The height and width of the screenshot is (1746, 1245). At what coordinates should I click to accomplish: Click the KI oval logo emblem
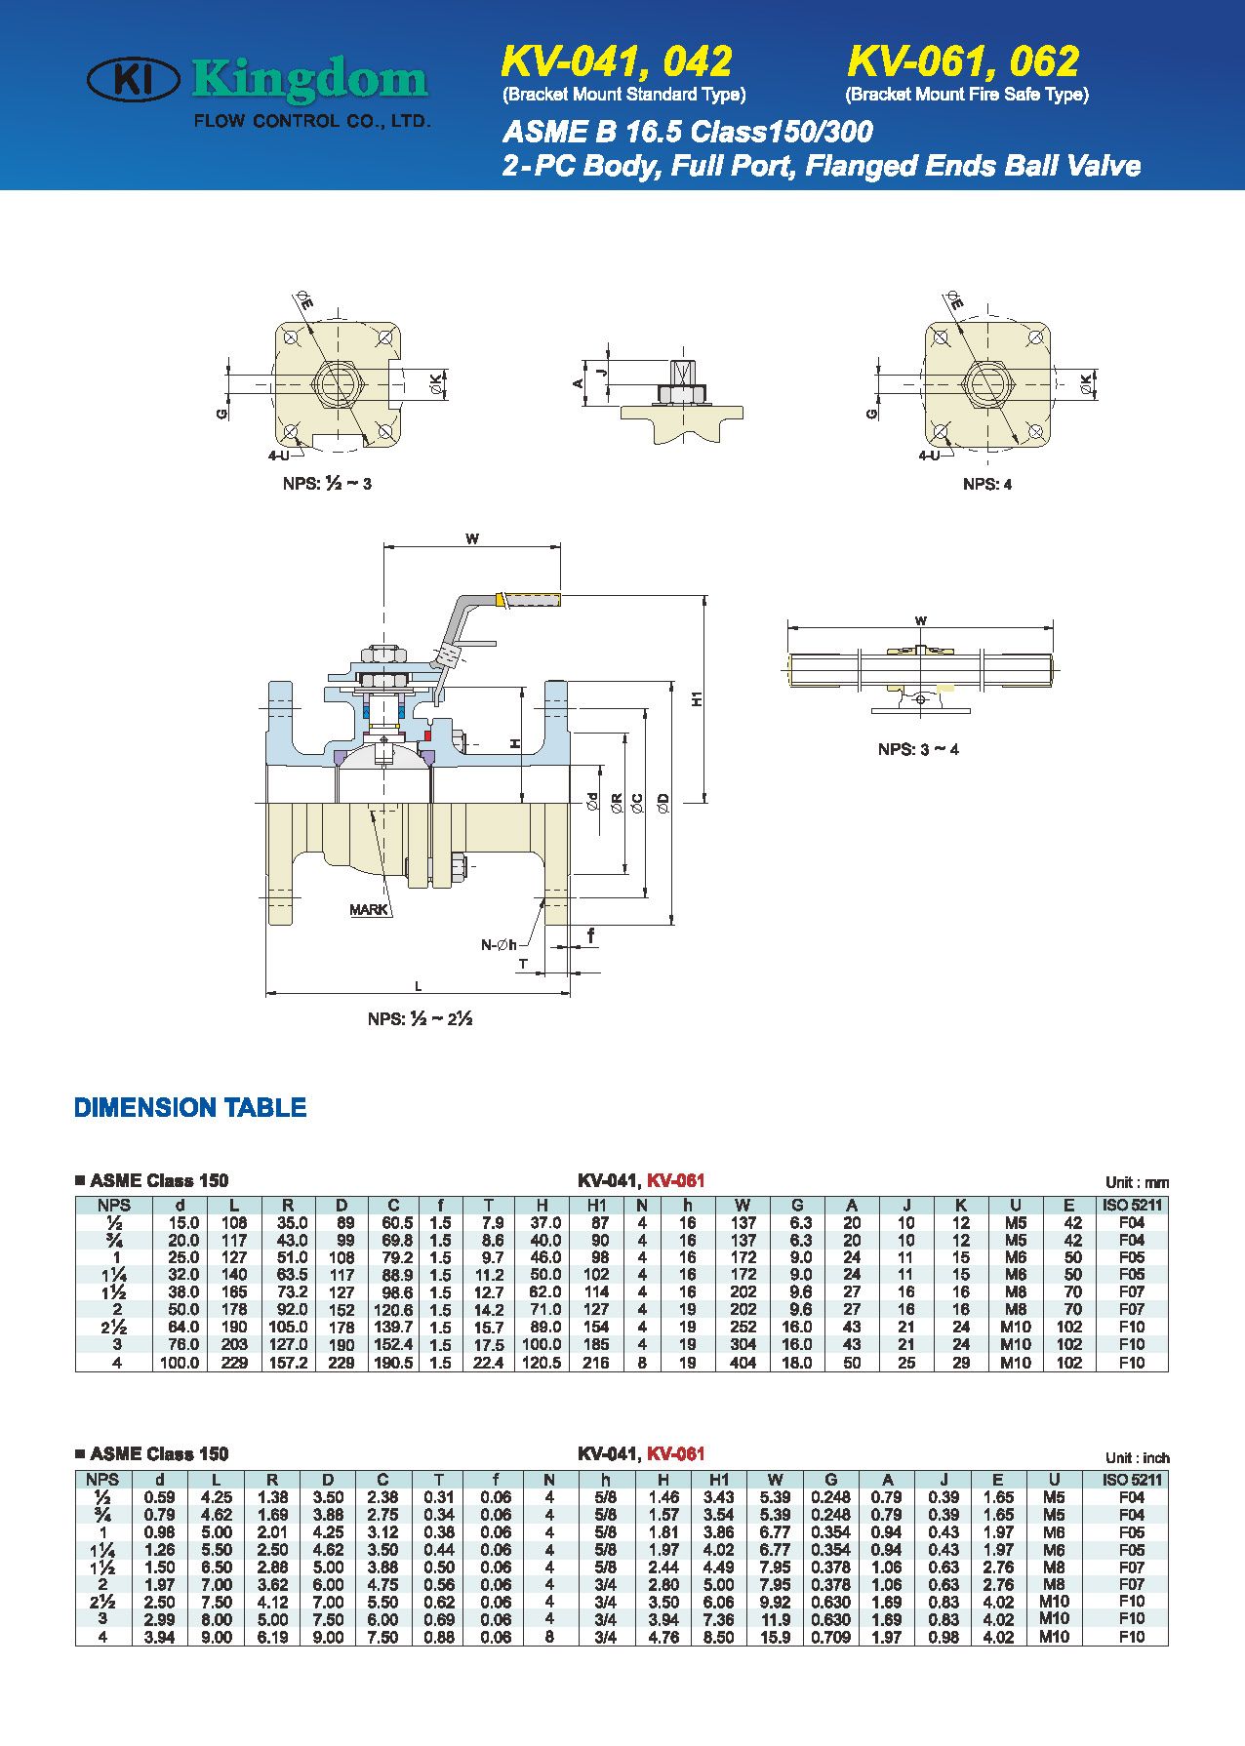coord(133,80)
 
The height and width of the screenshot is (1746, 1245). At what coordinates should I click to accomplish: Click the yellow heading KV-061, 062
coord(963,61)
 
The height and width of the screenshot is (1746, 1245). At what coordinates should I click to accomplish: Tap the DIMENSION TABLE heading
coord(190,1107)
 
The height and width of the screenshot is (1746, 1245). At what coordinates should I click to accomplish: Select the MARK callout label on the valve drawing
coord(368,909)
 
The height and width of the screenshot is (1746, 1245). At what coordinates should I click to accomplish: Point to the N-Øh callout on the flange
coord(499,944)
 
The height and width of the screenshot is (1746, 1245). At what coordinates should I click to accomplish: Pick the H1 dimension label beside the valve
coord(697,698)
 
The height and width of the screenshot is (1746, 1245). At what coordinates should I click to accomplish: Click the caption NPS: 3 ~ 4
coord(918,749)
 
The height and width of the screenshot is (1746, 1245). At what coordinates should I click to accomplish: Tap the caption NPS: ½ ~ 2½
coord(420,1018)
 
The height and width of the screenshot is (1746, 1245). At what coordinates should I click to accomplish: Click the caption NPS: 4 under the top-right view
coord(987,484)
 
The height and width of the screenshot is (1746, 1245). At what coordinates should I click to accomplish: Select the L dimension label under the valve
coord(419,987)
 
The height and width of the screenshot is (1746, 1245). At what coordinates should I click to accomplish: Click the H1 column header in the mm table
coord(597,1206)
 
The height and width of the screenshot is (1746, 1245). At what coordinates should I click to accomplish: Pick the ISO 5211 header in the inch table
coord(1131,1479)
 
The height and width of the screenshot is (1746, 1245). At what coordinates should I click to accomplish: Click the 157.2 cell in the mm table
coord(288,1363)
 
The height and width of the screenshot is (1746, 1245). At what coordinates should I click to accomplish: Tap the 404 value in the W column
coord(743,1363)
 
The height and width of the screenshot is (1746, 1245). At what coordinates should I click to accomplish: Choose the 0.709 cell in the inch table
coord(830,1638)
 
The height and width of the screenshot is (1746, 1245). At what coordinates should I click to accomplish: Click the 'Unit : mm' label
coord(1137,1182)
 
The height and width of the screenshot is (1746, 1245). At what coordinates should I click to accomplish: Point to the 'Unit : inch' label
coord(1137,1457)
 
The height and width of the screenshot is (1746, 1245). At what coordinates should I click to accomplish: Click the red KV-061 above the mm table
coord(675,1180)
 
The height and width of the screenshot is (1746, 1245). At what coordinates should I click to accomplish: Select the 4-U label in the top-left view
coord(279,455)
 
